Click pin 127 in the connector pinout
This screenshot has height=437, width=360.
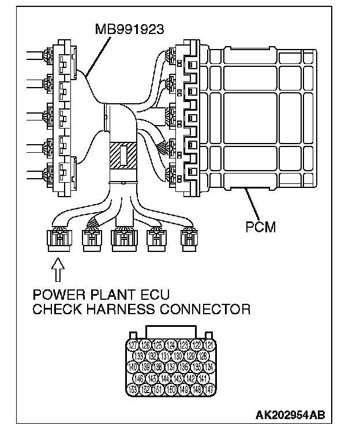point(133,345)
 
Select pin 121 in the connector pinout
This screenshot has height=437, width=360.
point(210,345)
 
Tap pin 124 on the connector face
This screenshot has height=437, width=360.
point(172,345)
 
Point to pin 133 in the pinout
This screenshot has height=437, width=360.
point(140,356)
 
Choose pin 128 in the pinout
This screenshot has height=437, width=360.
point(204,356)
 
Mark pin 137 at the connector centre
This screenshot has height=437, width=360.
point(172,367)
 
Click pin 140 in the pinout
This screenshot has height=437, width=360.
point(133,367)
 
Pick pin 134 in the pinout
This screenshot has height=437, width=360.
point(210,367)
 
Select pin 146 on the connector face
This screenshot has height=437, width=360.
point(140,378)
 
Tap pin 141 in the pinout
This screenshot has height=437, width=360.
point(204,378)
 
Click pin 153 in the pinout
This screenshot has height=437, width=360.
point(133,390)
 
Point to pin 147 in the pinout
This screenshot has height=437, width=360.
point(210,390)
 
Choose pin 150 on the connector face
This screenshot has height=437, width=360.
point(172,390)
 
